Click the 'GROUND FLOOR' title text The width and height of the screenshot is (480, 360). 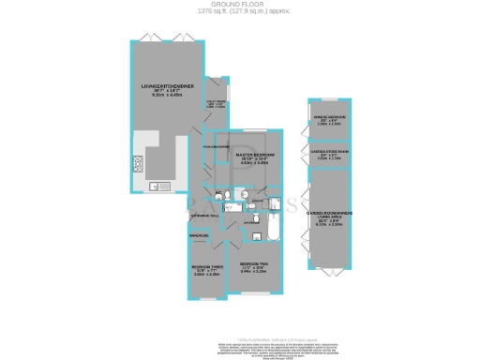[240, 4]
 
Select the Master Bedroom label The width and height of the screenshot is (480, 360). [254, 156]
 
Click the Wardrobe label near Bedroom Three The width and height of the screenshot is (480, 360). [200, 234]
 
